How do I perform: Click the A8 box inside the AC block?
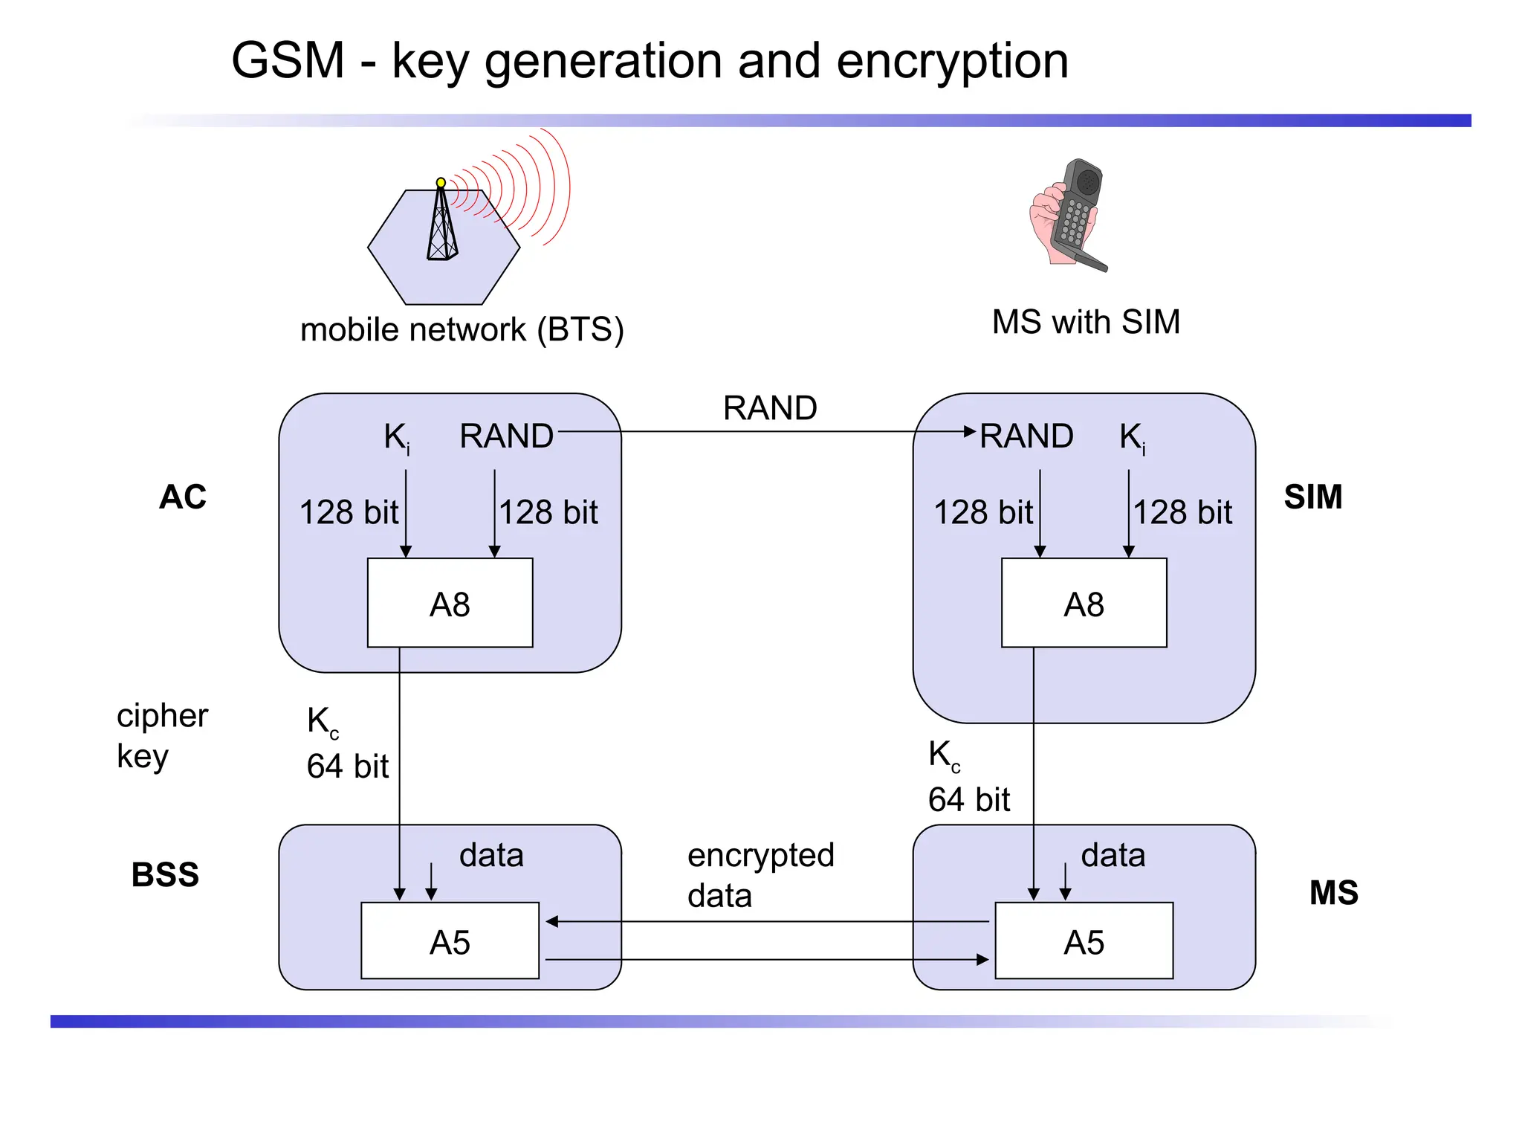tap(450, 603)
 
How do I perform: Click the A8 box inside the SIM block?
tap(1084, 603)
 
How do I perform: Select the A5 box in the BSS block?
tap(450, 941)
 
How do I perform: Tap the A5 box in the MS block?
tap(1084, 941)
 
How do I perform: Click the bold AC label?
tap(183, 497)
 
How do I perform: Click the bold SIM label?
tap(1312, 497)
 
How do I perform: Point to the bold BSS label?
tap(165, 874)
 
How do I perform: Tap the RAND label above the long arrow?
tap(770, 408)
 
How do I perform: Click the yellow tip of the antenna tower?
tap(441, 182)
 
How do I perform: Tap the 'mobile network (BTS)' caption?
tap(462, 329)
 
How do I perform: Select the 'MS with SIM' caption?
tap(1086, 322)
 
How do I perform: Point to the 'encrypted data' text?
tap(760, 875)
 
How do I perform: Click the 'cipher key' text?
tap(161, 735)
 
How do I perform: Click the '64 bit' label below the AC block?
tap(347, 767)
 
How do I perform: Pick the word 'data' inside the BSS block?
tap(491, 855)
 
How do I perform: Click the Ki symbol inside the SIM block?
tap(1132, 437)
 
